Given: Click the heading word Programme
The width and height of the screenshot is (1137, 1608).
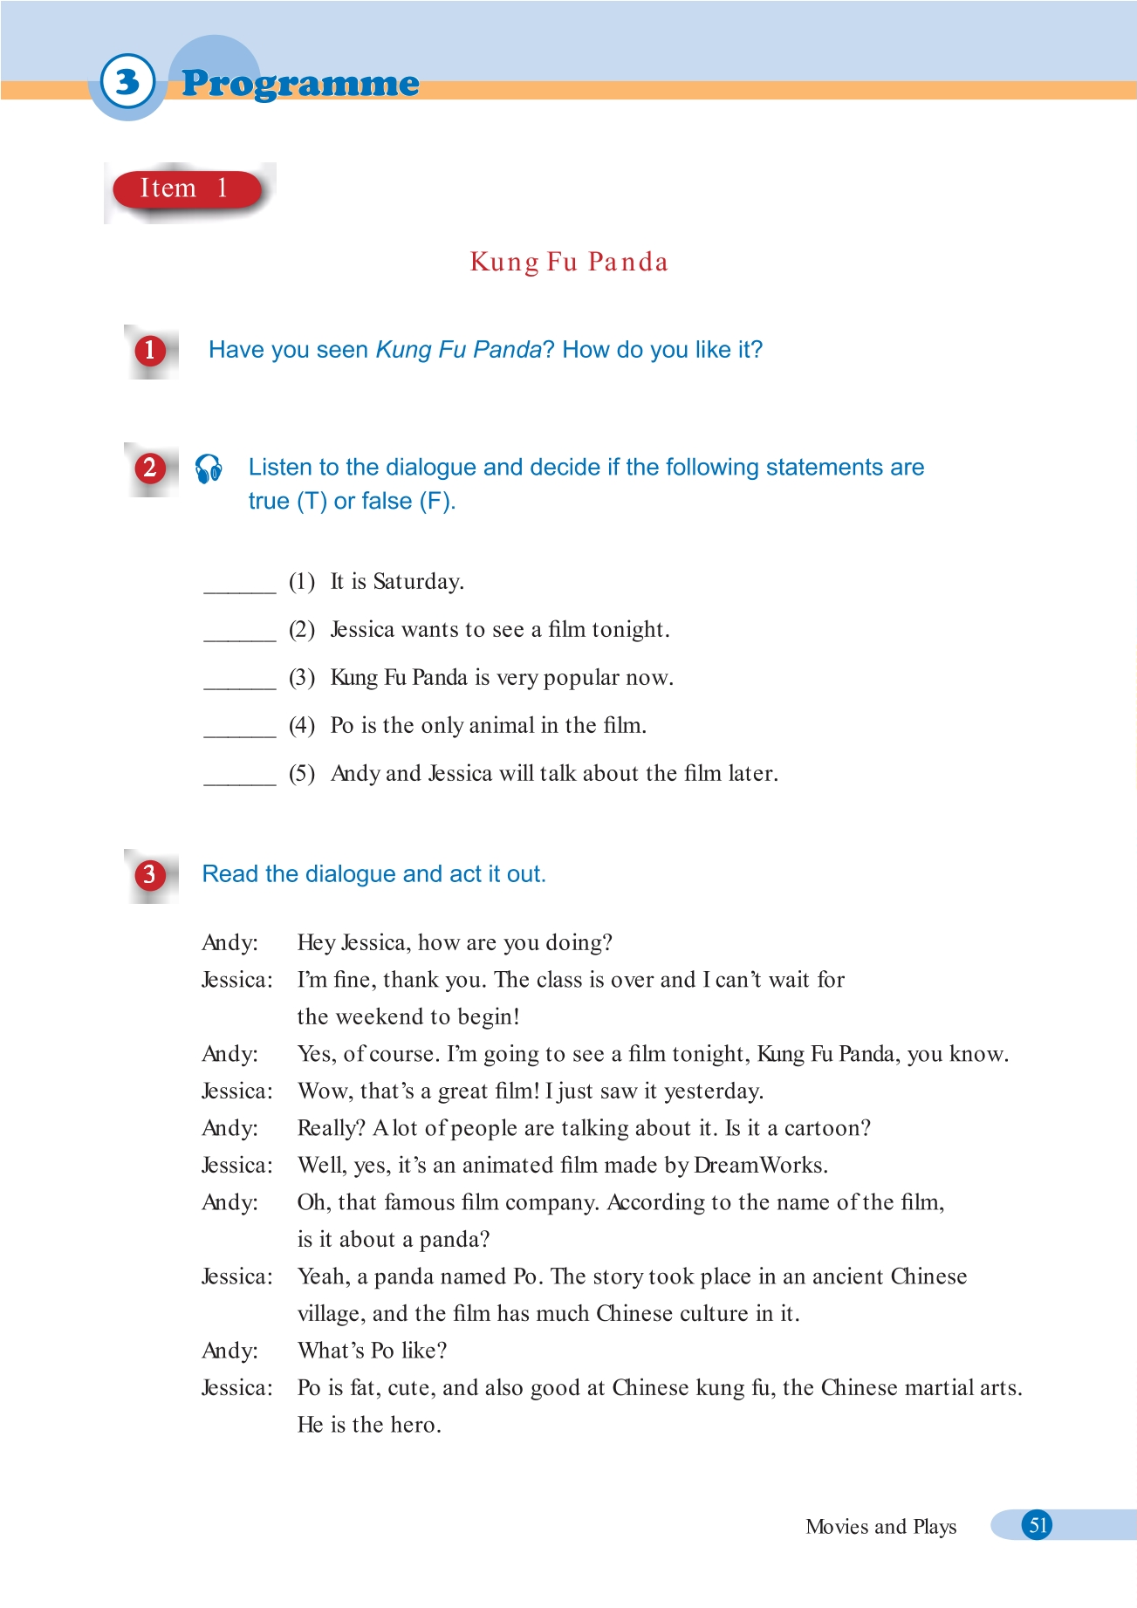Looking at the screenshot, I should [x=300, y=84].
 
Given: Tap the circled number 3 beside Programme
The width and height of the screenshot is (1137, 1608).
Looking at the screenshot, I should [x=127, y=82].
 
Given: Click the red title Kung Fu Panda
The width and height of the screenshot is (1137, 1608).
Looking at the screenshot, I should [x=569, y=262].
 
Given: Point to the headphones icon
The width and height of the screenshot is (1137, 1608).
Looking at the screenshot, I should [x=209, y=469].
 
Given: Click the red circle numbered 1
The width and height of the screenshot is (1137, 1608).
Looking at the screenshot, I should [x=150, y=351].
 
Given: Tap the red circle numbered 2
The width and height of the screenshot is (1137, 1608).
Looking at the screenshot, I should [x=150, y=469].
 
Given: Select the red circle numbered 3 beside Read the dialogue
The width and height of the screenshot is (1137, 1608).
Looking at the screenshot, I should [x=150, y=874].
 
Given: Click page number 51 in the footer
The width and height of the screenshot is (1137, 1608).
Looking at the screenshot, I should [x=1038, y=1525].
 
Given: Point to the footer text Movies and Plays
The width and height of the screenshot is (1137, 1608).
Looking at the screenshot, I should [x=880, y=1527].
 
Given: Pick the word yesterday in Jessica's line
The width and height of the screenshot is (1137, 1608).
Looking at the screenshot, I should [x=713, y=1091].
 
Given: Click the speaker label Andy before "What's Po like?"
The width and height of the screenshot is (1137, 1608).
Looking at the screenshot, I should [x=229, y=1351].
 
